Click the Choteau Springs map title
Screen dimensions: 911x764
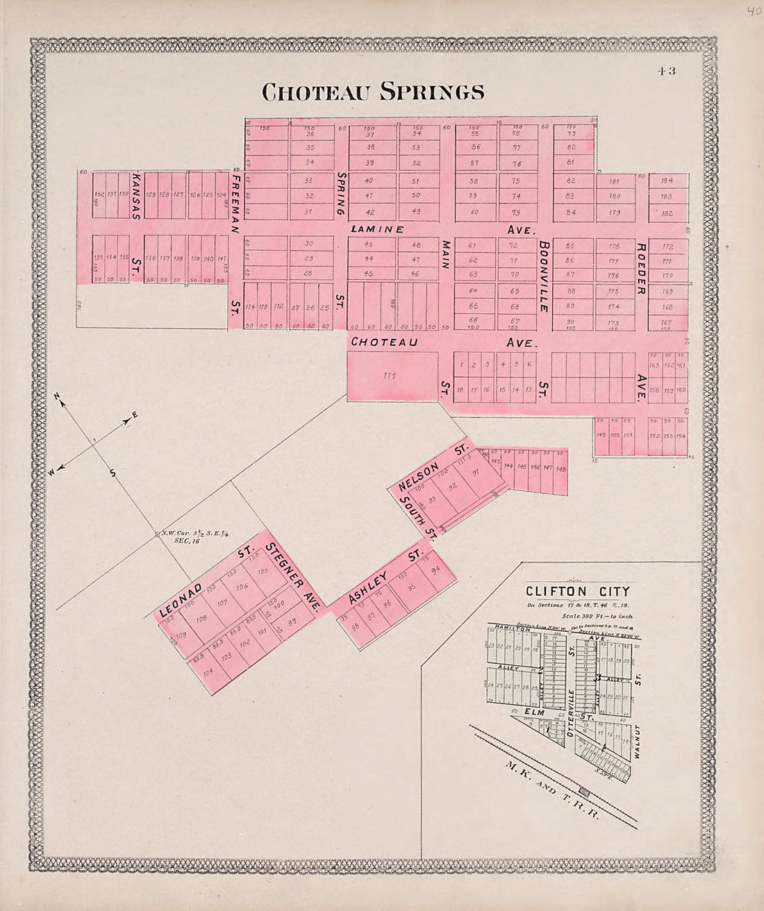pyautogui.click(x=372, y=92)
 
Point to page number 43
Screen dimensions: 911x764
pyautogui.click(x=668, y=69)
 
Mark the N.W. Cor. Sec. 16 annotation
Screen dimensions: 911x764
pyautogui.click(x=179, y=536)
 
